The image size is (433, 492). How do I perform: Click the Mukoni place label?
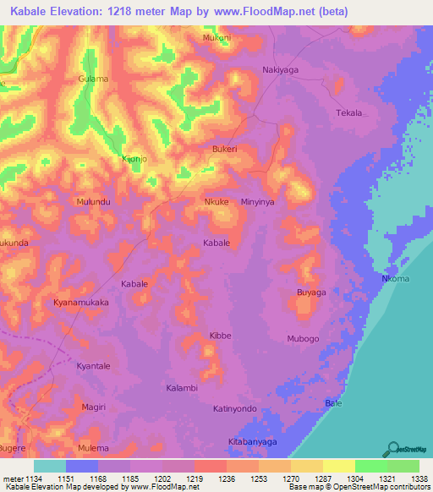pyautogui.click(x=217, y=38)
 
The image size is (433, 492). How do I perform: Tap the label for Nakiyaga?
pyautogui.click(x=282, y=70)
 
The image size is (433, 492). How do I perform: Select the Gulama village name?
pyautogui.click(x=93, y=79)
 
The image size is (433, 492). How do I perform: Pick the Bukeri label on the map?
pyautogui.click(x=224, y=149)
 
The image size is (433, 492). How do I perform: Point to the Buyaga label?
pyautogui.click(x=310, y=292)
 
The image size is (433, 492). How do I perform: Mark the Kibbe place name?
pyautogui.click(x=220, y=336)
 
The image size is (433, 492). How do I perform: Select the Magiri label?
pyautogui.click(x=94, y=407)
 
